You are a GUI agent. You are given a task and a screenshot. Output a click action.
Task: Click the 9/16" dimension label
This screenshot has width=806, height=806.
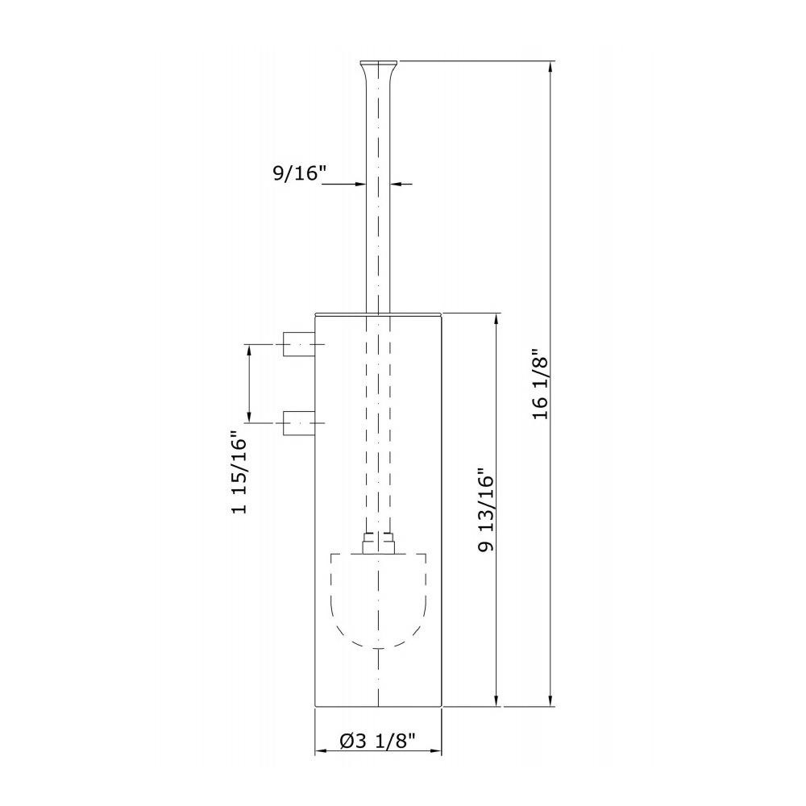click(300, 173)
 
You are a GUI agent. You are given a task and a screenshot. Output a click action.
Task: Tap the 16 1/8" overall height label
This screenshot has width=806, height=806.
click(541, 385)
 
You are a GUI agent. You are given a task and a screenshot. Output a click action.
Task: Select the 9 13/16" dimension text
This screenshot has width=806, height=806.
click(485, 510)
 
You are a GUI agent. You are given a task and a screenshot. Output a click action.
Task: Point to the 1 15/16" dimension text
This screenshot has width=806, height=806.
click(239, 472)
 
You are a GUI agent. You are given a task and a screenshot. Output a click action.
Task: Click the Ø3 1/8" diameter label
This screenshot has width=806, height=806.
click(378, 741)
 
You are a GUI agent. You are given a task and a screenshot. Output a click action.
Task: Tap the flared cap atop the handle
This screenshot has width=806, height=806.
click(379, 71)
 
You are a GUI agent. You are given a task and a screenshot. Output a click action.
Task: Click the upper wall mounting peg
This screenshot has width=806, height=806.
click(299, 344)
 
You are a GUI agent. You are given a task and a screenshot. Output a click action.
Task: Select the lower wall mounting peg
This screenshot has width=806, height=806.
click(299, 422)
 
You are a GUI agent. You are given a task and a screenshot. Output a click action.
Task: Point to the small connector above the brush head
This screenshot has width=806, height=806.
click(378, 542)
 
